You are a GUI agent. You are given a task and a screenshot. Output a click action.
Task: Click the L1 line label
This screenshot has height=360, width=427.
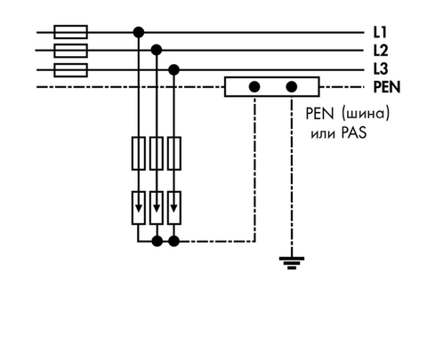[380, 32]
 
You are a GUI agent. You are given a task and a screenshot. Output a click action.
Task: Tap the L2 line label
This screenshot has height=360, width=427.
[381, 51]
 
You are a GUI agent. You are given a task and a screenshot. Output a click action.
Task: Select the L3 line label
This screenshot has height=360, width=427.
[381, 68]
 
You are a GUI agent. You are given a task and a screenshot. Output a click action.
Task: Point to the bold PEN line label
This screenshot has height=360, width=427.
[387, 87]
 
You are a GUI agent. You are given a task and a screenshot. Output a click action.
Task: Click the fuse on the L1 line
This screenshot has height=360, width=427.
[70, 32]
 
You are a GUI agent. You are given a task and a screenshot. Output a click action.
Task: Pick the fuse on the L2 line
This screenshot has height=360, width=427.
[70, 51]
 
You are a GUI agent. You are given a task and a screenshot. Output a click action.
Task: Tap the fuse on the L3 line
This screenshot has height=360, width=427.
[70, 70]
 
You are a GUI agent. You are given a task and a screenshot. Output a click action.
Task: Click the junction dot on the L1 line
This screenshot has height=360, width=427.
[139, 32]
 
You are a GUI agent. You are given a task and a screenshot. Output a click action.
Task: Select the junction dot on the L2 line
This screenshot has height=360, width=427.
[157, 50]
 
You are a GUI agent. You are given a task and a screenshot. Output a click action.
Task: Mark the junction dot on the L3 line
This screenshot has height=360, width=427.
[173, 70]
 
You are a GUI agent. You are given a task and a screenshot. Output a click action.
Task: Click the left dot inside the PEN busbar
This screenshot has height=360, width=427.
[254, 87]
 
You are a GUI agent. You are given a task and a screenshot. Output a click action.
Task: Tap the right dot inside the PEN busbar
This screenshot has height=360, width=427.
[292, 87]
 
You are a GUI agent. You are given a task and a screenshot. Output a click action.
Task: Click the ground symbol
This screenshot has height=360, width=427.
[292, 263]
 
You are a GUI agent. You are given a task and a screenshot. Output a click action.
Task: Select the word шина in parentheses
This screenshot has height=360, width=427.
[366, 114]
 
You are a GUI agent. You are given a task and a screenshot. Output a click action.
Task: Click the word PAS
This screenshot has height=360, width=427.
[354, 133]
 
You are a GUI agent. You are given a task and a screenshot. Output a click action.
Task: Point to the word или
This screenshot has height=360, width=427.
[323, 134]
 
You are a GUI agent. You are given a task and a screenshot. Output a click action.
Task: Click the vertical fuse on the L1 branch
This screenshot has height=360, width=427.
[139, 154]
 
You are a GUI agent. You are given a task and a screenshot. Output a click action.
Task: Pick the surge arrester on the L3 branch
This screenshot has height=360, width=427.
[174, 208]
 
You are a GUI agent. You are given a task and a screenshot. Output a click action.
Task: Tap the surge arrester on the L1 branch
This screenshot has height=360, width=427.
[139, 208]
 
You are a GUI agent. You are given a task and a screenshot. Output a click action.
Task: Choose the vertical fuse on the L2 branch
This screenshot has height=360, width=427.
[157, 154]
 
